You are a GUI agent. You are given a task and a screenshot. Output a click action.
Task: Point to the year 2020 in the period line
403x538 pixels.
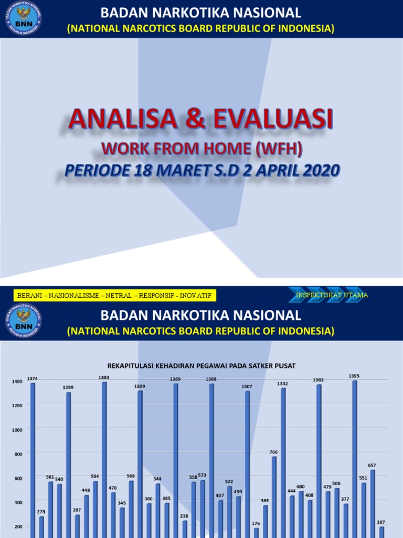pyautogui.click(x=316, y=170)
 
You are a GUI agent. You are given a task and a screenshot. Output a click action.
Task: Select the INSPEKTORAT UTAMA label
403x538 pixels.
pyautogui.click(x=332, y=295)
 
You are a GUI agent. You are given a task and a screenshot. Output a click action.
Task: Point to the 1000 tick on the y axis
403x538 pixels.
pyautogui.click(x=17, y=430)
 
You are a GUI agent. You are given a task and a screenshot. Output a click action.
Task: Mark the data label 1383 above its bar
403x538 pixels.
pyautogui.click(x=104, y=377)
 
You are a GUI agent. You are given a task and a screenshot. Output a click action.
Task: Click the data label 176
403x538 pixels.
pyautogui.click(x=256, y=523)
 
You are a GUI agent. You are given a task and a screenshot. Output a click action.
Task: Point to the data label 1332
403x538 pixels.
pyautogui.click(x=283, y=384)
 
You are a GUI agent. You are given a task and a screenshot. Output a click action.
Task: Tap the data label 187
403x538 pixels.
pyautogui.click(x=381, y=522)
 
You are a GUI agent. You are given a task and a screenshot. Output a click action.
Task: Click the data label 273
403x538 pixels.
pyautogui.click(x=41, y=512)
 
